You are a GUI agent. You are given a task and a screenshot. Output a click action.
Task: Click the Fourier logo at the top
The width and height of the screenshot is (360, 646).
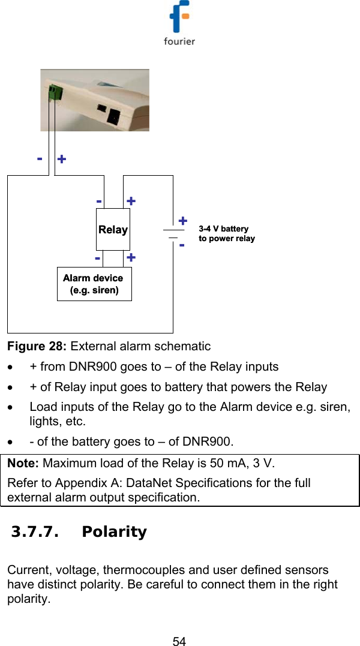pyautogui.click(x=179, y=24)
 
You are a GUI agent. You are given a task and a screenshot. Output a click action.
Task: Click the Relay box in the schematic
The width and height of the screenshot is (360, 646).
pyautogui.click(x=113, y=230)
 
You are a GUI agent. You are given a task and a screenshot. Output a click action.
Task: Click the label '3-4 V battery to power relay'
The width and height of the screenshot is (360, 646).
pyautogui.click(x=226, y=234)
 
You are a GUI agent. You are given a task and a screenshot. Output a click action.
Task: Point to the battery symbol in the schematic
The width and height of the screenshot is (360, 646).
pyautogui.click(x=173, y=234)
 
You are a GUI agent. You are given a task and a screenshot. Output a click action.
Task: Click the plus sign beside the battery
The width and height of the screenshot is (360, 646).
pyautogui.click(x=182, y=221)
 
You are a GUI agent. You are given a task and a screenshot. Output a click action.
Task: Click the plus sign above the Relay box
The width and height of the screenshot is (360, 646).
pyautogui.click(x=131, y=201)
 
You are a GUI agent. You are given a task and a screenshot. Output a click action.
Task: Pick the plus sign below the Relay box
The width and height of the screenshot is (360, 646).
pyautogui.click(x=131, y=257)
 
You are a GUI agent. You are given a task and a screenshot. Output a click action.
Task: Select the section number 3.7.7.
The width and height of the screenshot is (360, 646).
pyautogui.click(x=35, y=532)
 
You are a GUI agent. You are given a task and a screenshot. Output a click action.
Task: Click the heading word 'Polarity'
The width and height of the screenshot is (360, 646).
pyautogui.click(x=114, y=532)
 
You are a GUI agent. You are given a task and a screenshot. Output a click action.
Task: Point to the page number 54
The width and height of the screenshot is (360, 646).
pyautogui.click(x=179, y=641)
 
